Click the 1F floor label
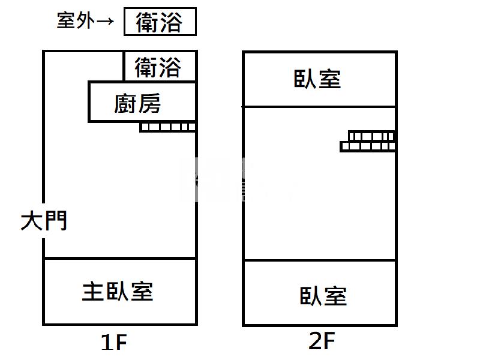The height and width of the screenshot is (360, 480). [114, 343]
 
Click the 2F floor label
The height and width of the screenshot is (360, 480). [321, 341]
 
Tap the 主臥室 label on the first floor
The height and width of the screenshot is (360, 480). [118, 292]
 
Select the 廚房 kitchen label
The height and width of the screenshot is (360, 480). [138, 104]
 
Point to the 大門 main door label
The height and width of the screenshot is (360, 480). [44, 221]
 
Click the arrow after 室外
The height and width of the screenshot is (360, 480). [105, 22]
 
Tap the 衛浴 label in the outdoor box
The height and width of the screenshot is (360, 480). [159, 23]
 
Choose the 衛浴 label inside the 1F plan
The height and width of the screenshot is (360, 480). [158, 68]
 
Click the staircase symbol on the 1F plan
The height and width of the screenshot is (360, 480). [168, 127]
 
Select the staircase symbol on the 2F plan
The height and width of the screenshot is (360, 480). [368, 142]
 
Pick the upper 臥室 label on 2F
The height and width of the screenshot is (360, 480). [317, 79]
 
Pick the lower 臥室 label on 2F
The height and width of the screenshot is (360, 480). [323, 296]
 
